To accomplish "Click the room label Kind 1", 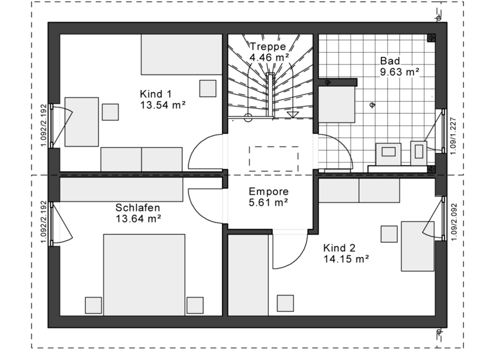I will point(155,94).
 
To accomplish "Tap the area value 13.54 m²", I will point(163,105).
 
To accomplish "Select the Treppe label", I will point(268,46).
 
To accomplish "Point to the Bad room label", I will point(390,61).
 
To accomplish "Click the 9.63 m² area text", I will point(399,72).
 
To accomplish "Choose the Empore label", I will point(268,192).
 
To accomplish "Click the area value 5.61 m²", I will point(268,203).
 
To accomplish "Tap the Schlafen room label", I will point(138,208).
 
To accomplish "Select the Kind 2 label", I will point(339,248).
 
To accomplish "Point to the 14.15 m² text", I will point(345,259).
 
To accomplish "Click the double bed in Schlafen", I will point(145,274).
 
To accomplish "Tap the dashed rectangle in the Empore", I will point(273,158).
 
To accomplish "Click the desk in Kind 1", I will point(81,122).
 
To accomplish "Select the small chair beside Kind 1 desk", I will point(111,112).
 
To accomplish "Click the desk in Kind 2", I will point(418,246).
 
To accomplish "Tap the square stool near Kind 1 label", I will point(207,88).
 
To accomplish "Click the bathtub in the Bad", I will point(337,104).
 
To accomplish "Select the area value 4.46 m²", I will point(268,57).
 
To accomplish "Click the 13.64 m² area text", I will point(138,219).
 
